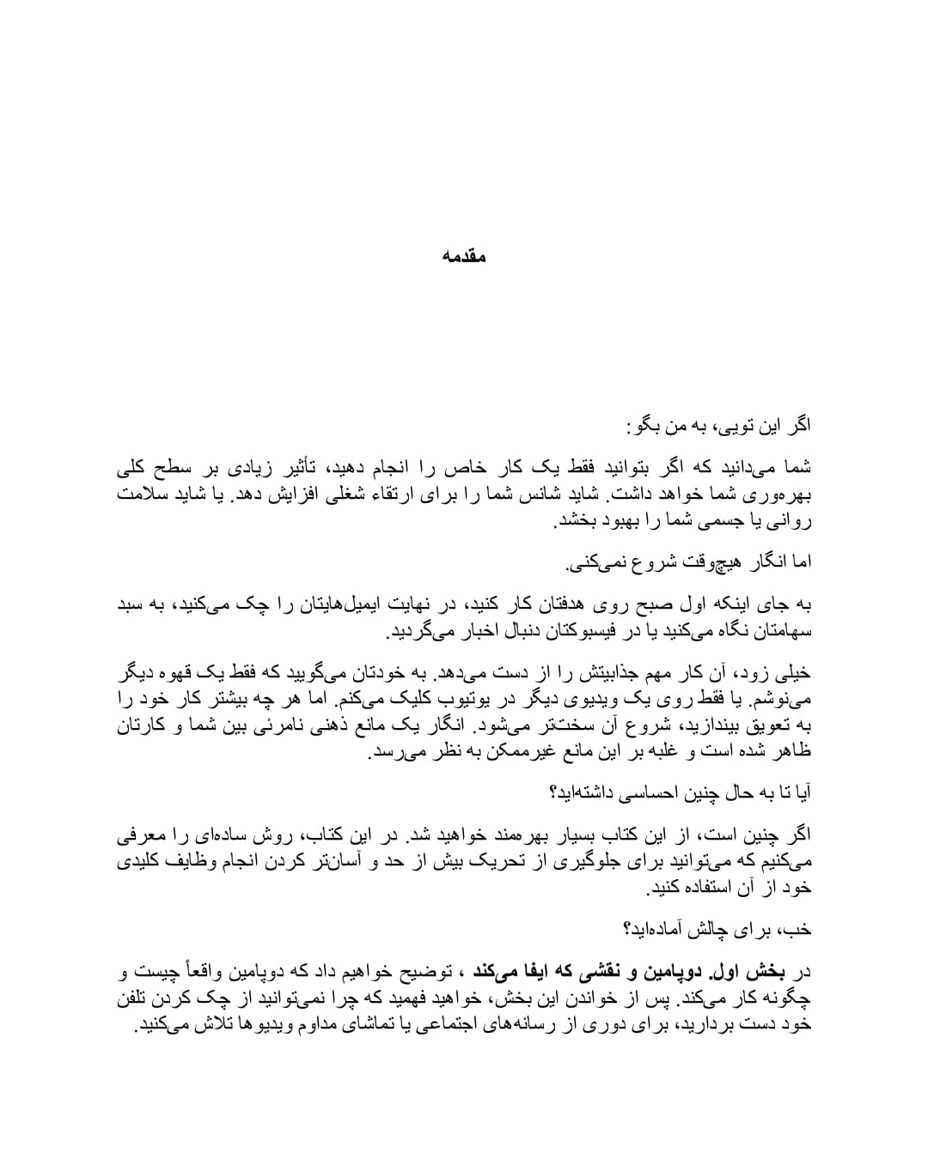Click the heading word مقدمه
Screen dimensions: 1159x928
coord(464,256)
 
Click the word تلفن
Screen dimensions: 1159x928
coord(136,998)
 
